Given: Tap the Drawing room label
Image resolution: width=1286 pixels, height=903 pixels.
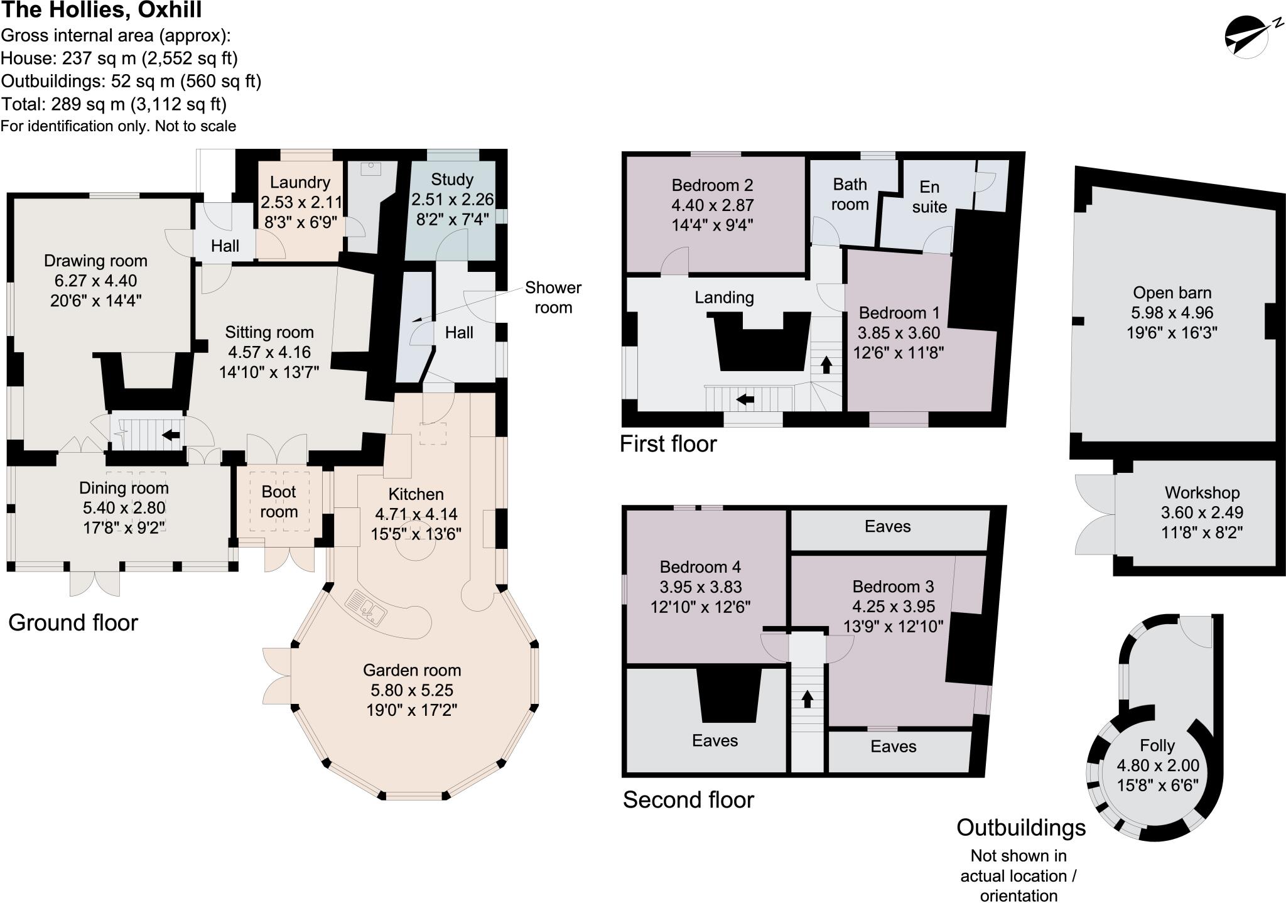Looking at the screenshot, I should (95, 261).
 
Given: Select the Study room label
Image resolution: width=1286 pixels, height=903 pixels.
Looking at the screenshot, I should (452, 180).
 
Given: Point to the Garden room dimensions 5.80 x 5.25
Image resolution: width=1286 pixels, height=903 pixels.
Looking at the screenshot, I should (412, 690).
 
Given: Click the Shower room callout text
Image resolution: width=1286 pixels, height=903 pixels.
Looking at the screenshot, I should (553, 297).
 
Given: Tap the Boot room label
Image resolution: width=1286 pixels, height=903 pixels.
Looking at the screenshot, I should (279, 501).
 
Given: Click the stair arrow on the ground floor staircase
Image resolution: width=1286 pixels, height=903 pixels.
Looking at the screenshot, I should (171, 435).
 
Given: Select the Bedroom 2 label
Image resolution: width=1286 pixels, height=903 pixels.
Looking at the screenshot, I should (712, 185).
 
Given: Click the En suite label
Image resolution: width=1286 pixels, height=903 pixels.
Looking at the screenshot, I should (929, 197).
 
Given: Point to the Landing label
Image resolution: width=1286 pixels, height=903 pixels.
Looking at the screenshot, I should (724, 298).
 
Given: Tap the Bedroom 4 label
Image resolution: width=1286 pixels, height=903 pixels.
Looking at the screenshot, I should (700, 567).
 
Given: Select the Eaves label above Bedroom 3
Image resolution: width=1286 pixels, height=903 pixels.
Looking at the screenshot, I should (887, 526).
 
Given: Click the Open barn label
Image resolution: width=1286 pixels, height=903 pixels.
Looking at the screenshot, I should (1172, 293).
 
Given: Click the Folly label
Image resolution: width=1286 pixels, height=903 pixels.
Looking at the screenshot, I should (1157, 745).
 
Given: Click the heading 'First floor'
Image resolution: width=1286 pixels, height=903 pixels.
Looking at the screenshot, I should (667, 444).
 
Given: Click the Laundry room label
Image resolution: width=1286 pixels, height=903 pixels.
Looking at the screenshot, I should (300, 182).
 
